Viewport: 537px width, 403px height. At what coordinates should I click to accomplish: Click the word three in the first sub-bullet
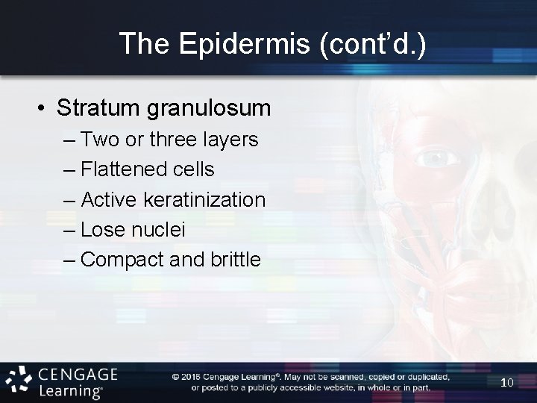(x=175, y=140)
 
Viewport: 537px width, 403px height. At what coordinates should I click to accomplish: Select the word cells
(x=190, y=170)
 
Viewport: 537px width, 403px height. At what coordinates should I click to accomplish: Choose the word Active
(x=108, y=200)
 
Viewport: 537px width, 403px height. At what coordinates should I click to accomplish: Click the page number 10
(x=507, y=382)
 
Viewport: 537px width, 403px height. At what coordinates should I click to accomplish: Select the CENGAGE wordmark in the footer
(x=77, y=374)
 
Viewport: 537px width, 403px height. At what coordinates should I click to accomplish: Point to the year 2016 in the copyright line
(x=192, y=377)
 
